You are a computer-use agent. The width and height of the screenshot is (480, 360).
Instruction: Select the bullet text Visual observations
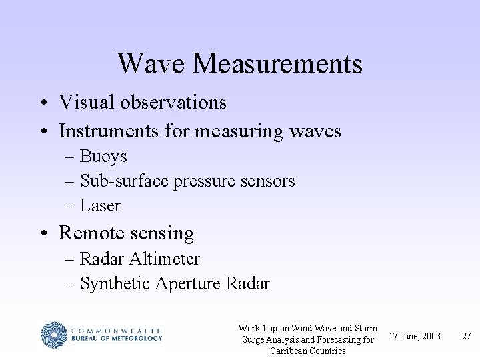(x=143, y=102)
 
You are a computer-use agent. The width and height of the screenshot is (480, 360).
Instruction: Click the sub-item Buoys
(x=103, y=157)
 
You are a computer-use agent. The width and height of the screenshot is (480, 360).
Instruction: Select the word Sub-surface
(x=125, y=181)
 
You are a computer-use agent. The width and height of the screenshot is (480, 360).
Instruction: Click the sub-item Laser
(x=100, y=206)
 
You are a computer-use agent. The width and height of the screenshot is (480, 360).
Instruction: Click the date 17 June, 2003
(x=415, y=336)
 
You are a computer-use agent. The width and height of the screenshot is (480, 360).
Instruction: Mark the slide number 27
(x=467, y=336)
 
